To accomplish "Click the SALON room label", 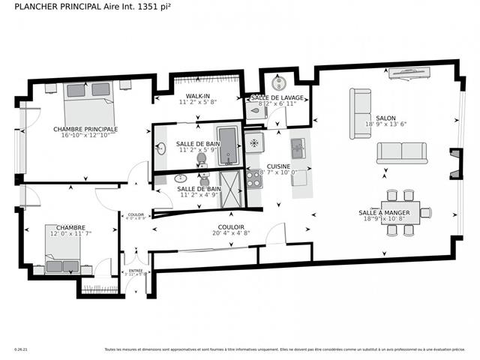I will (x=385, y=118).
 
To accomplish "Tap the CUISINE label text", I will (x=278, y=166).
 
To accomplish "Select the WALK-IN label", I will (x=197, y=96).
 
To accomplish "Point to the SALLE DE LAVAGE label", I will (x=277, y=98).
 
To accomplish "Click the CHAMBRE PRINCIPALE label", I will (x=85, y=129).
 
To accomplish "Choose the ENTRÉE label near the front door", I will (x=136, y=271).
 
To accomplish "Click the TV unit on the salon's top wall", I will (x=409, y=73).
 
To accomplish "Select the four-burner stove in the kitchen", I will (x=253, y=178).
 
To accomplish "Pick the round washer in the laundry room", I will (x=279, y=82).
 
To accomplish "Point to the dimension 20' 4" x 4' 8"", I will (x=230, y=232).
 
